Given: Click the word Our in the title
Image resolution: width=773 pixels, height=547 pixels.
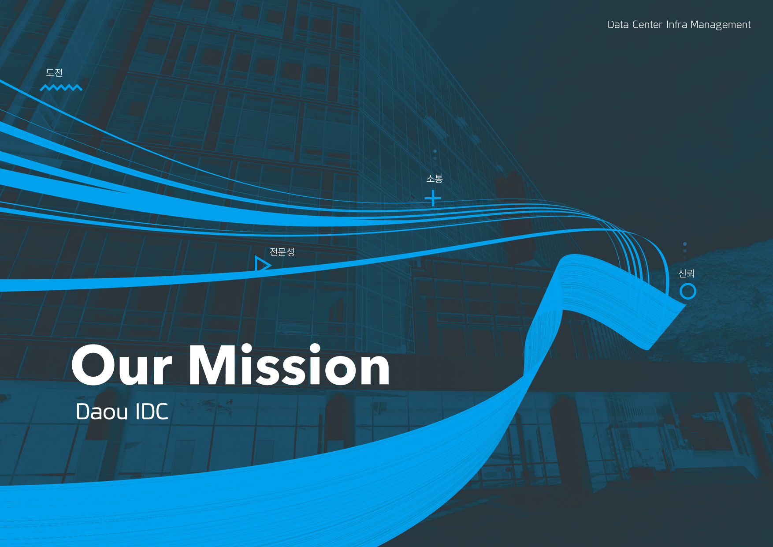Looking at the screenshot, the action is click(122, 365).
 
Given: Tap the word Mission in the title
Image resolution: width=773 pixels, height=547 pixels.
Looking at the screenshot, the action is click(290, 364).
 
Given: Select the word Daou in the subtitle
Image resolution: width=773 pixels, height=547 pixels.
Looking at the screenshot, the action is click(102, 412).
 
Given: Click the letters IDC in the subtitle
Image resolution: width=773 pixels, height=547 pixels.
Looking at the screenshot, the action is click(152, 412).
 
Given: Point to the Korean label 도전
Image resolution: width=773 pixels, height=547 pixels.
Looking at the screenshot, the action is click(55, 73).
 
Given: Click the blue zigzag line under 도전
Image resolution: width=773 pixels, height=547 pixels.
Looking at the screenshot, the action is click(61, 88).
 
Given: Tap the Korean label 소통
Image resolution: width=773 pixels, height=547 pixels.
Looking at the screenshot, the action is click(435, 179).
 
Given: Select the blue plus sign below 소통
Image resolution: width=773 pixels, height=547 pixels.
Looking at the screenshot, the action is click(433, 198).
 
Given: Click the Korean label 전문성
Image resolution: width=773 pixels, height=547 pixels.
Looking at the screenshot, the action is click(282, 252).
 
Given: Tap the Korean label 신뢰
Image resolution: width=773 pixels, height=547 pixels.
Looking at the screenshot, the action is click(686, 273).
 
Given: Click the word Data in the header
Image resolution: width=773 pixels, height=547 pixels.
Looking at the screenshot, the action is click(618, 25).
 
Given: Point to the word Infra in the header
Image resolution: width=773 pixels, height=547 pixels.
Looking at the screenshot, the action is click(676, 24).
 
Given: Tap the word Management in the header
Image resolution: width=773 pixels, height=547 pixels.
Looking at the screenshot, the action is click(721, 25).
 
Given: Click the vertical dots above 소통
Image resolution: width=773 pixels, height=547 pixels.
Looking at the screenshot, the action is click(435, 155).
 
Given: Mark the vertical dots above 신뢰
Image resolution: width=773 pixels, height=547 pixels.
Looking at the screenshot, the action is click(685, 251).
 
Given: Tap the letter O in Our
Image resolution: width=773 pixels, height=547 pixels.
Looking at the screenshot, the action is click(93, 365).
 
